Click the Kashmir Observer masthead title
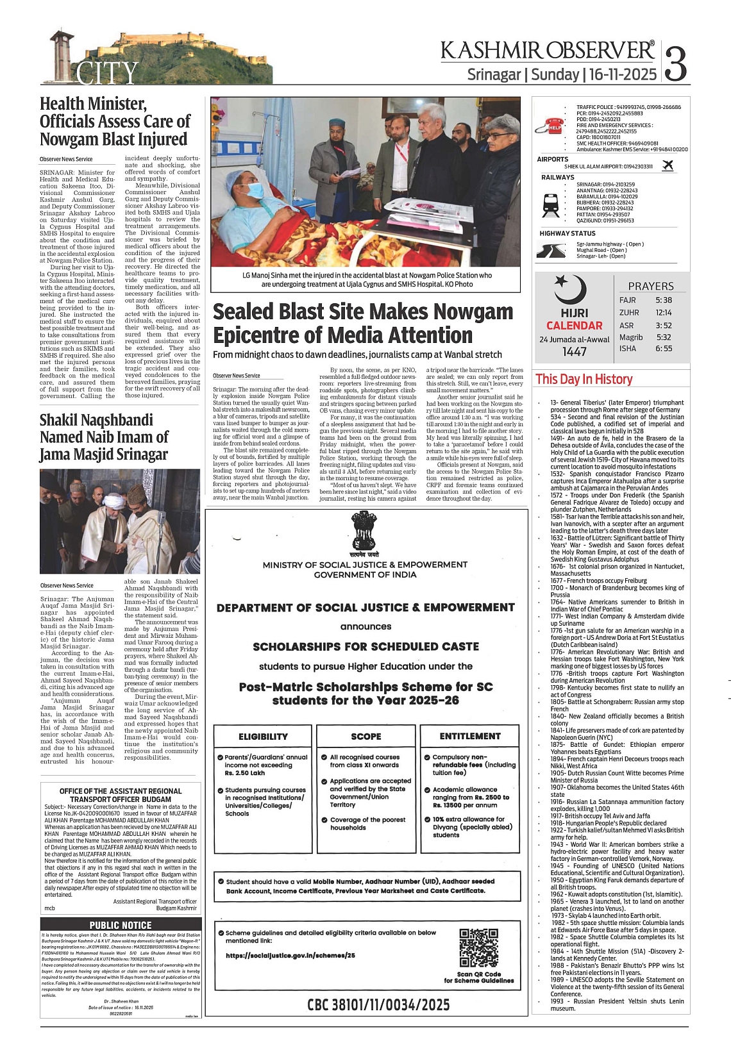tap(548, 51)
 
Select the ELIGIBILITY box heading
tap(263, 737)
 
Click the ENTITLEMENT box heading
tap(469, 736)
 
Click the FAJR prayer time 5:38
tap(664, 300)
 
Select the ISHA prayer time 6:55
tap(664, 349)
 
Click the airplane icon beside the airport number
tap(668, 166)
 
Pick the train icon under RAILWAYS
tap(551, 204)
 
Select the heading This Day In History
tap(584, 379)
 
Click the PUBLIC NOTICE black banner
tap(121, 925)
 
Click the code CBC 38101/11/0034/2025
tap(378, 1004)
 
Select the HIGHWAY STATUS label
tap(567, 233)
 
